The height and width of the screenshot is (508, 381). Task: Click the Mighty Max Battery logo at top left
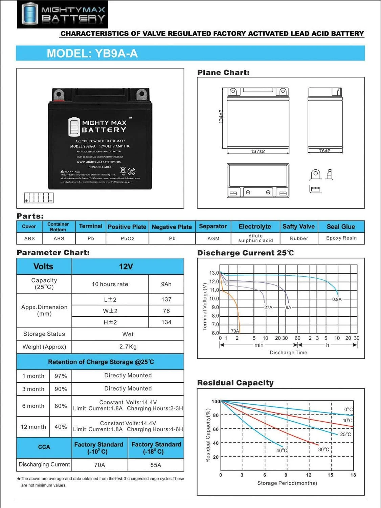(63, 14)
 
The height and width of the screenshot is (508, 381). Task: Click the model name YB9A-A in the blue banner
(116, 54)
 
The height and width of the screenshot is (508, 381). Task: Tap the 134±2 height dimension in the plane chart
(221, 116)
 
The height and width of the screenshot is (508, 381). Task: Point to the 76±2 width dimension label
(325, 151)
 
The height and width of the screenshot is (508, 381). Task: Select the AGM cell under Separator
(213, 238)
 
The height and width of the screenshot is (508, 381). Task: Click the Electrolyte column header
(255, 227)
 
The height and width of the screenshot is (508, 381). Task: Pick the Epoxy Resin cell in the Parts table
(341, 238)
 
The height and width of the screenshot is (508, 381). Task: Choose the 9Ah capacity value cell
(166, 284)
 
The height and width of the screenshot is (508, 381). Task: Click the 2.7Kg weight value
(128, 347)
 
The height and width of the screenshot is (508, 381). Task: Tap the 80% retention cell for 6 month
(61, 406)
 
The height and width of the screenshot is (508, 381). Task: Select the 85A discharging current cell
(156, 465)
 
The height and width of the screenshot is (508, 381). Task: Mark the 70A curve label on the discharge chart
(235, 331)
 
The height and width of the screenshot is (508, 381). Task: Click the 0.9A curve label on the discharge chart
(337, 299)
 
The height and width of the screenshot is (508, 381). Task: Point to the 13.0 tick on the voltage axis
(214, 273)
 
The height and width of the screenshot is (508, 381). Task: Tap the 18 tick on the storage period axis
(353, 475)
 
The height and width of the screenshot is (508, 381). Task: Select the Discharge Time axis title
(288, 353)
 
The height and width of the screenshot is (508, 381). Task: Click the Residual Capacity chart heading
(235, 383)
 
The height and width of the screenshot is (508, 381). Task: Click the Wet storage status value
(128, 334)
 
